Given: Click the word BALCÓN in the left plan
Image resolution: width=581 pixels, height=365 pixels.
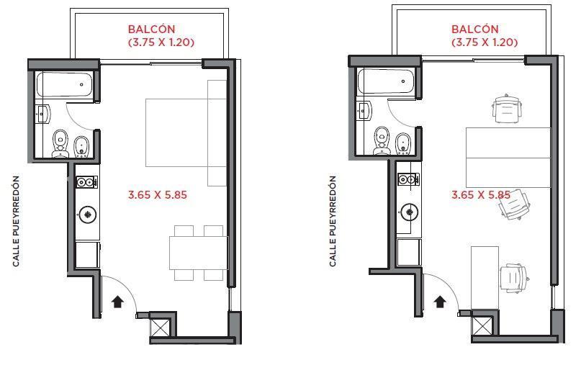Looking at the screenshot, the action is click(151, 29).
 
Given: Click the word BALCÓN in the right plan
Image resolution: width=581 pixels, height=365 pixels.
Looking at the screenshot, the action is click(474, 29).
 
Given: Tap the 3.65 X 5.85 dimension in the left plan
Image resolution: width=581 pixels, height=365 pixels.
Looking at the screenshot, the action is click(158, 194).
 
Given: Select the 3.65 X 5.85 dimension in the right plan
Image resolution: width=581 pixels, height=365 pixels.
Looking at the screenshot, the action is click(481, 194).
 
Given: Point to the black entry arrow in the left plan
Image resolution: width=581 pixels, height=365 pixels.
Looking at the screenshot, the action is click(118, 302).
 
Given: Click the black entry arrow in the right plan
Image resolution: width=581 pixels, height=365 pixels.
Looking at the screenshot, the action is click(440, 302).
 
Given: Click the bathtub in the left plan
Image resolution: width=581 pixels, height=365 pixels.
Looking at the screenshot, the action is click(65, 84).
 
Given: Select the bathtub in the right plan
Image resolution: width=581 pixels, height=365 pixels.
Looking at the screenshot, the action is click(386, 81).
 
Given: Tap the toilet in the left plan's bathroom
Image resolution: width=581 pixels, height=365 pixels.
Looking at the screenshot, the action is click(60, 144).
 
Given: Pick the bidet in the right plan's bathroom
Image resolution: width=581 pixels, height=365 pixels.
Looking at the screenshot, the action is click(403, 144).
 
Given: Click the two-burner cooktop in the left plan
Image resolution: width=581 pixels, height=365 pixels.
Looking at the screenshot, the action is click(87, 182).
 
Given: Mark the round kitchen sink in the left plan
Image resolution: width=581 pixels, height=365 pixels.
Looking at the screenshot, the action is click(87, 215).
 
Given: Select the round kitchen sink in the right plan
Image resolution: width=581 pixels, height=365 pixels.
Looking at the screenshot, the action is click(410, 212).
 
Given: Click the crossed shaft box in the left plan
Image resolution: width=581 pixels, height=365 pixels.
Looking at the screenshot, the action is click(161, 325).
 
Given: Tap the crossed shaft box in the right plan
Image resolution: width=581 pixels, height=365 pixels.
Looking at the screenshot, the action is click(482, 325).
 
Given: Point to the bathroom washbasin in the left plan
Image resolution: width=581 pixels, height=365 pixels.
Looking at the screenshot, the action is click(44, 114).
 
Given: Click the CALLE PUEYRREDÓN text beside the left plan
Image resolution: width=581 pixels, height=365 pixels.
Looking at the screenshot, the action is click(16, 221).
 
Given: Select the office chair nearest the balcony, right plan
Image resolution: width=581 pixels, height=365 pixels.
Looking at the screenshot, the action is click(507, 108).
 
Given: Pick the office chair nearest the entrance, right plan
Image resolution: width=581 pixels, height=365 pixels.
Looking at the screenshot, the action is click(514, 278).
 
